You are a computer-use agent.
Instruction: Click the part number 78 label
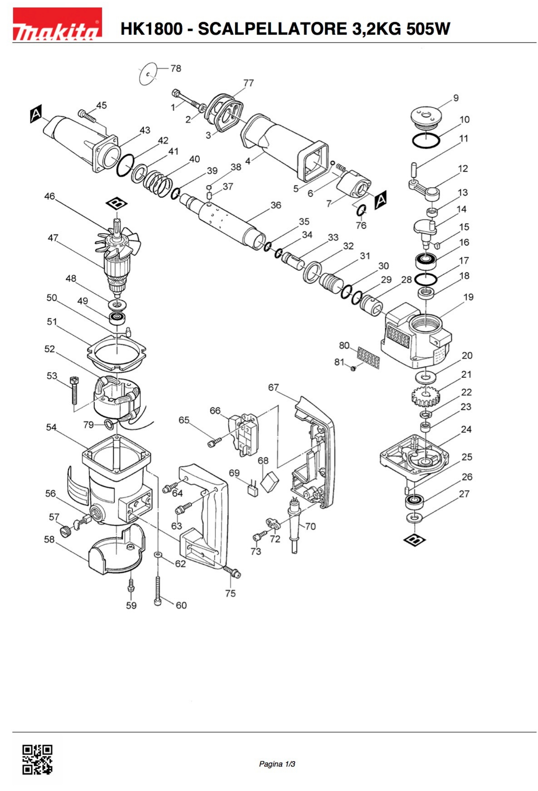[x=176, y=68]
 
